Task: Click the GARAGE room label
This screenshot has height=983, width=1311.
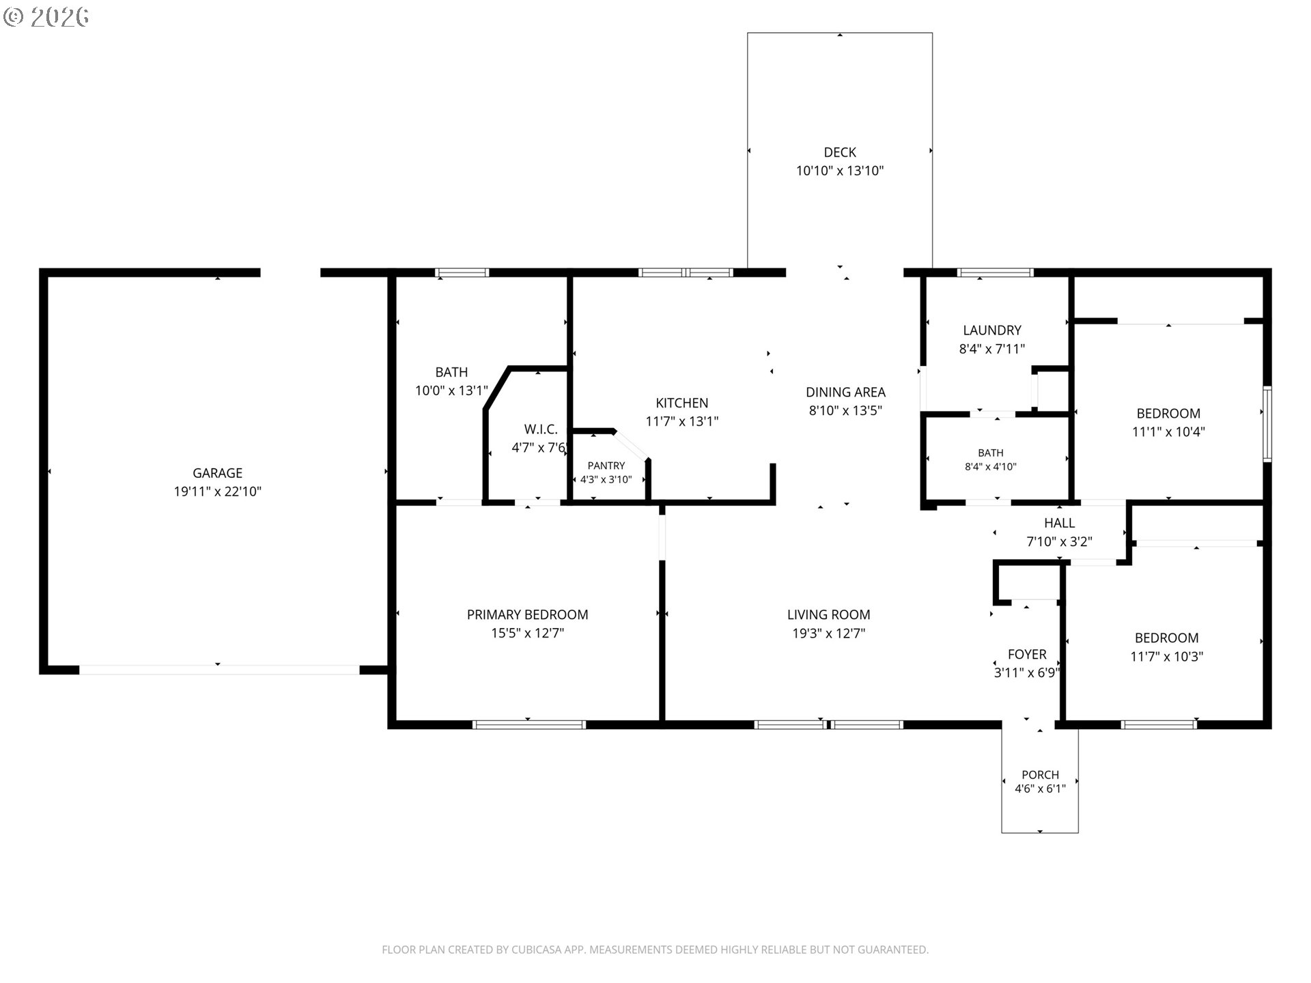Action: (x=217, y=473)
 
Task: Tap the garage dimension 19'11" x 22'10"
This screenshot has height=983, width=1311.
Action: (x=217, y=491)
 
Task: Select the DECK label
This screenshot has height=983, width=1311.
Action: (x=840, y=152)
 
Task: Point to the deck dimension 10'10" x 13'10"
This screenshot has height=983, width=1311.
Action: (x=840, y=171)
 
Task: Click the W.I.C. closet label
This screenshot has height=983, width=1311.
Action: (x=541, y=429)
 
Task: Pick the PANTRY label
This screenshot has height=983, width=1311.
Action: (x=606, y=466)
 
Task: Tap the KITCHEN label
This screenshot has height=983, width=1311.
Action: (x=682, y=403)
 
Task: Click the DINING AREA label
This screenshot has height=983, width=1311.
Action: (x=845, y=392)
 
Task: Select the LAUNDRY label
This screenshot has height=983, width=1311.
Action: (x=992, y=330)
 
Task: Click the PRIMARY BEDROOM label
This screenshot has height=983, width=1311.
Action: (x=527, y=614)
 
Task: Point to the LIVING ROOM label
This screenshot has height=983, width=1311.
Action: (x=828, y=614)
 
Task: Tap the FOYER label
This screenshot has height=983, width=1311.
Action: (x=1027, y=654)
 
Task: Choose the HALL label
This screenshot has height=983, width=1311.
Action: (x=1060, y=523)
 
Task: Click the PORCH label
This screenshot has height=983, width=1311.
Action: (x=1040, y=775)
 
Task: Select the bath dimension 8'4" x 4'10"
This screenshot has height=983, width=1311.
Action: (x=991, y=467)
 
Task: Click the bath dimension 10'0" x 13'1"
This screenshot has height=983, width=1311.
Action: (x=451, y=390)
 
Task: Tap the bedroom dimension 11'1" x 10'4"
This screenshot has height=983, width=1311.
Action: (x=1168, y=431)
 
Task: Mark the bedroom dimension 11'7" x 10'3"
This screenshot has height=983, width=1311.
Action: (x=1166, y=656)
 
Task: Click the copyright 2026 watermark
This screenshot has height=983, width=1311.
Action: (x=46, y=16)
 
